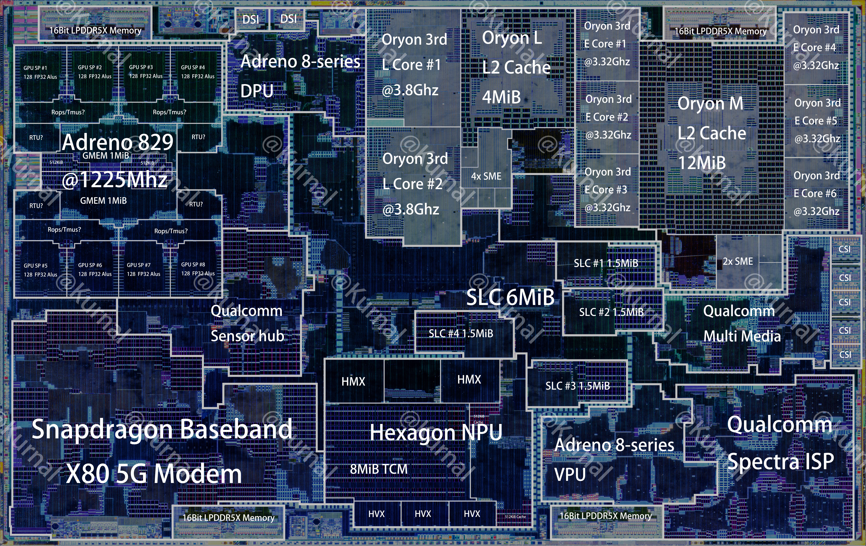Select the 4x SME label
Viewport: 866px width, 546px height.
(486, 176)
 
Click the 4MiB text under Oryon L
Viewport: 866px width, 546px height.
(501, 97)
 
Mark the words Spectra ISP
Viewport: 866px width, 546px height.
(780, 461)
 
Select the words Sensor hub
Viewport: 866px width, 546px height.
(247, 336)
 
